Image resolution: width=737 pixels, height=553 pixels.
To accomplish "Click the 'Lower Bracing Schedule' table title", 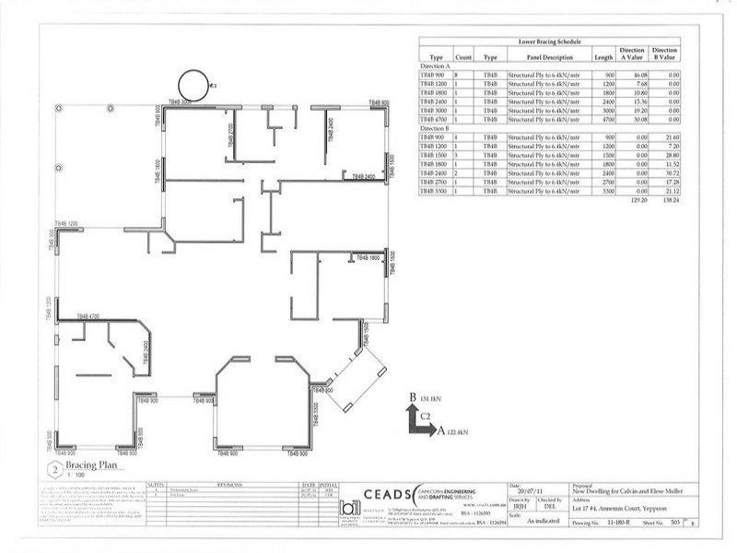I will coord(551,41).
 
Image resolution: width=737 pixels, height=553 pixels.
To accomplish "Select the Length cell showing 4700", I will coord(603,119).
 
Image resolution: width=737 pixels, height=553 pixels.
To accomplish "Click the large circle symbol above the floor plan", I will coord(195,86).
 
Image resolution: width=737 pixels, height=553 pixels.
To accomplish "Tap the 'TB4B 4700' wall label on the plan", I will coord(88,316).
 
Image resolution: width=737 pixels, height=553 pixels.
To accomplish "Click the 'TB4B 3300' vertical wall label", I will coord(314,416).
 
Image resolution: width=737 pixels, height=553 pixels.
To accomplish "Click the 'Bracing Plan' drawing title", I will coord(94,466).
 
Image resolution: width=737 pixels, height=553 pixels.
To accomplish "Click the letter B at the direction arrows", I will coord(410,397).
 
